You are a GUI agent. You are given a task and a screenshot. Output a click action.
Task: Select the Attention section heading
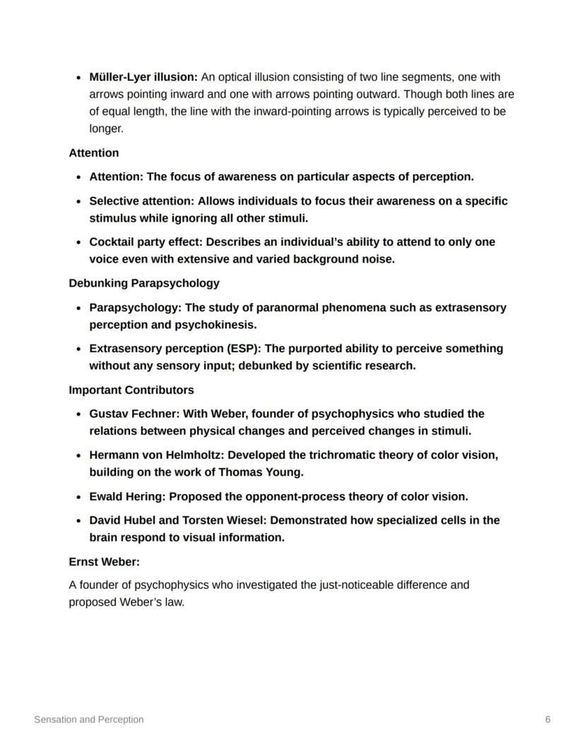click(94, 153)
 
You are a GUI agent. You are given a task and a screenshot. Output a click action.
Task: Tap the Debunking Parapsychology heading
click(144, 283)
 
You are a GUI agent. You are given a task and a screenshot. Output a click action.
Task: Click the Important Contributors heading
click(131, 390)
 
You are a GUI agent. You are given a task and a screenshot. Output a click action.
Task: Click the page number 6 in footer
click(548, 720)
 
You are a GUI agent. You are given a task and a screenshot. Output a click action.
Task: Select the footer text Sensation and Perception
click(89, 720)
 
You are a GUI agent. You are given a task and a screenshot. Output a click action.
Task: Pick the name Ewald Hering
click(126, 497)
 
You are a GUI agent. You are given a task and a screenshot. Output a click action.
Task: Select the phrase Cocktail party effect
click(146, 242)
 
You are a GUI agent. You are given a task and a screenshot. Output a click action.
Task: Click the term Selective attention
click(141, 201)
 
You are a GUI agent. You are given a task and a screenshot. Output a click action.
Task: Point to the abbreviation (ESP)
click(244, 349)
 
